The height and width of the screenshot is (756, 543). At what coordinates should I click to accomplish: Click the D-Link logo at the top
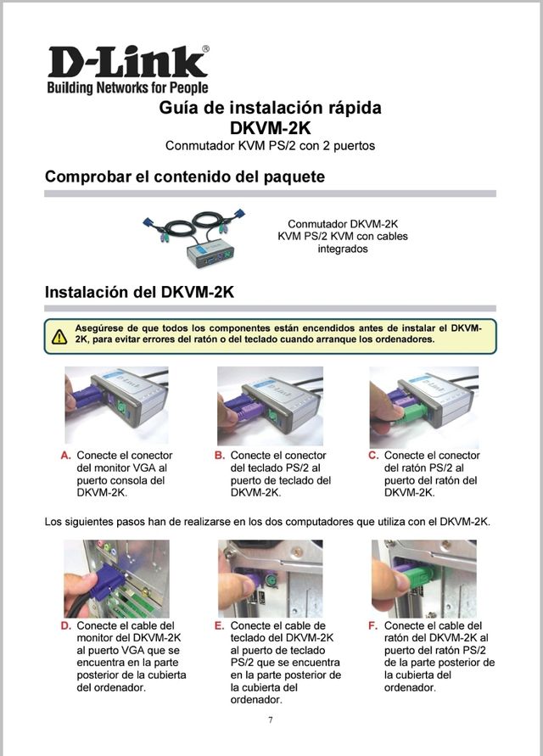pyautogui.click(x=128, y=62)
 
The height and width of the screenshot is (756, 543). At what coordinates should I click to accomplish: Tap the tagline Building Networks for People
pyautogui.click(x=128, y=87)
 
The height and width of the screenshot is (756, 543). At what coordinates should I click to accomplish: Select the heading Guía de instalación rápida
pyautogui.click(x=270, y=107)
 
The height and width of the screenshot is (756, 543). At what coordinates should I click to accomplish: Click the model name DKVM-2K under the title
pyautogui.click(x=270, y=128)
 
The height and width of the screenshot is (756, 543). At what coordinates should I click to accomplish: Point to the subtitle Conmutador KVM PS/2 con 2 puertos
pyautogui.click(x=270, y=146)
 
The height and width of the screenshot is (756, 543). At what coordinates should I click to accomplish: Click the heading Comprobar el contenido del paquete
pyautogui.click(x=185, y=176)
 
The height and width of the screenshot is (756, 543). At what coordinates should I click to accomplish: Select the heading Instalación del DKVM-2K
pyautogui.click(x=139, y=292)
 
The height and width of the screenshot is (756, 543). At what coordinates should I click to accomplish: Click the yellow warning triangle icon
pyautogui.click(x=59, y=336)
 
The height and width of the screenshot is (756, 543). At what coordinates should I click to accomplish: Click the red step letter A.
pyautogui.click(x=66, y=456)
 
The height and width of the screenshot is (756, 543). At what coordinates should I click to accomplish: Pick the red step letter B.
pyautogui.click(x=220, y=456)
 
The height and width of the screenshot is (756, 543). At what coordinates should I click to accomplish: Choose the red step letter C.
pyautogui.click(x=373, y=456)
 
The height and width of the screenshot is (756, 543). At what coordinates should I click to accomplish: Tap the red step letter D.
pyautogui.click(x=66, y=626)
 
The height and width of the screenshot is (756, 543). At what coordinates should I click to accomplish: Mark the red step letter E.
pyautogui.click(x=220, y=626)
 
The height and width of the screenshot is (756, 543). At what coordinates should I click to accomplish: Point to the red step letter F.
pyautogui.click(x=372, y=626)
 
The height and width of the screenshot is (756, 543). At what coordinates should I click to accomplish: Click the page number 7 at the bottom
pyautogui.click(x=271, y=720)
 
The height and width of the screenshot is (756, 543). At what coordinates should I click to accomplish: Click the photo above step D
pyautogui.click(x=117, y=579)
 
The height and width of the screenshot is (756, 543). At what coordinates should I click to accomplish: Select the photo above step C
pyautogui.click(x=424, y=407)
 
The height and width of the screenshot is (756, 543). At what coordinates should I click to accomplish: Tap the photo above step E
pyautogui.click(x=270, y=579)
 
